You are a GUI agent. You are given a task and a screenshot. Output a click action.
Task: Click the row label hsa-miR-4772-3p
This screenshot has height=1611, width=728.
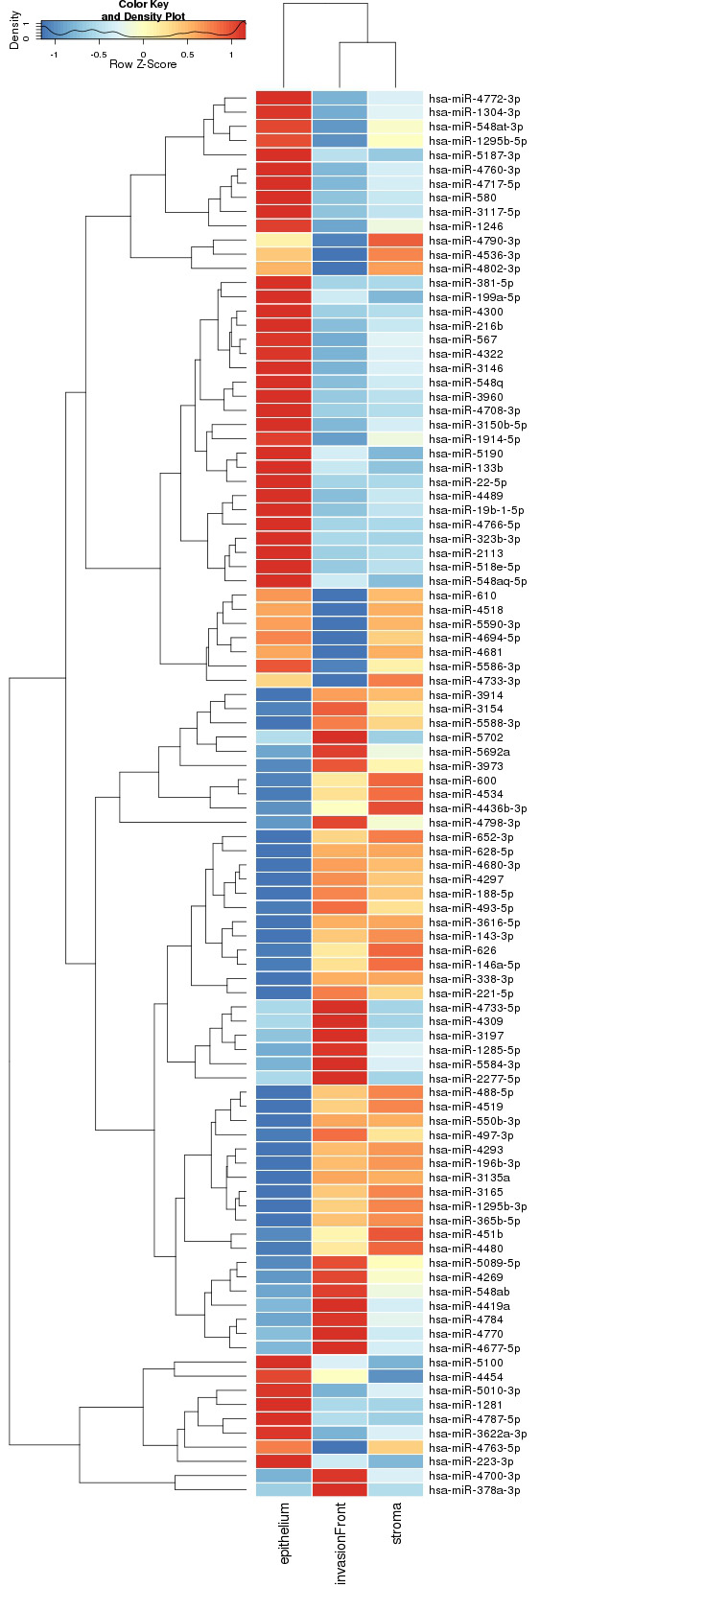[475, 99]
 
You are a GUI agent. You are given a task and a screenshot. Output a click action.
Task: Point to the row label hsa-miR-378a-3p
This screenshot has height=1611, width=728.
[475, 1490]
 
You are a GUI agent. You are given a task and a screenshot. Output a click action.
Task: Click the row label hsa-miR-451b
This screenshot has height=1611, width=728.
[463, 1235]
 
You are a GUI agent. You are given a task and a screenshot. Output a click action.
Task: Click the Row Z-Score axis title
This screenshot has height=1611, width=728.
[143, 64]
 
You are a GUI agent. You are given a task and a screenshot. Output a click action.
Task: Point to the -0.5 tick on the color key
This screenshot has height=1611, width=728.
[98, 55]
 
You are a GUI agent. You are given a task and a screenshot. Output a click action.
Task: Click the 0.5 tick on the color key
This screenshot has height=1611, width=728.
[187, 55]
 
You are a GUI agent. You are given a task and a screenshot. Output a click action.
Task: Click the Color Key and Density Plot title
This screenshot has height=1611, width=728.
[143, 11]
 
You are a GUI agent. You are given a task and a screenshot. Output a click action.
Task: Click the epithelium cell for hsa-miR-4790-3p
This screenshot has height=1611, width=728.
[284, 241]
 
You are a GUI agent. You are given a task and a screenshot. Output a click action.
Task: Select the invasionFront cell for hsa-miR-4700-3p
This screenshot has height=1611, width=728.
[340, 1476]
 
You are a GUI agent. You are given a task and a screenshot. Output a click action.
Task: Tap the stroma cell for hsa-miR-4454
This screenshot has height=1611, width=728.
[395, 1377]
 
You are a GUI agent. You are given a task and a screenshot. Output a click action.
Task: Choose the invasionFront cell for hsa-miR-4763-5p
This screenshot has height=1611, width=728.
[340, 1448]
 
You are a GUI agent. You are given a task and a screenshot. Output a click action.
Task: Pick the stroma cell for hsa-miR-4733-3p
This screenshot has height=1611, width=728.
[395, 681]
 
